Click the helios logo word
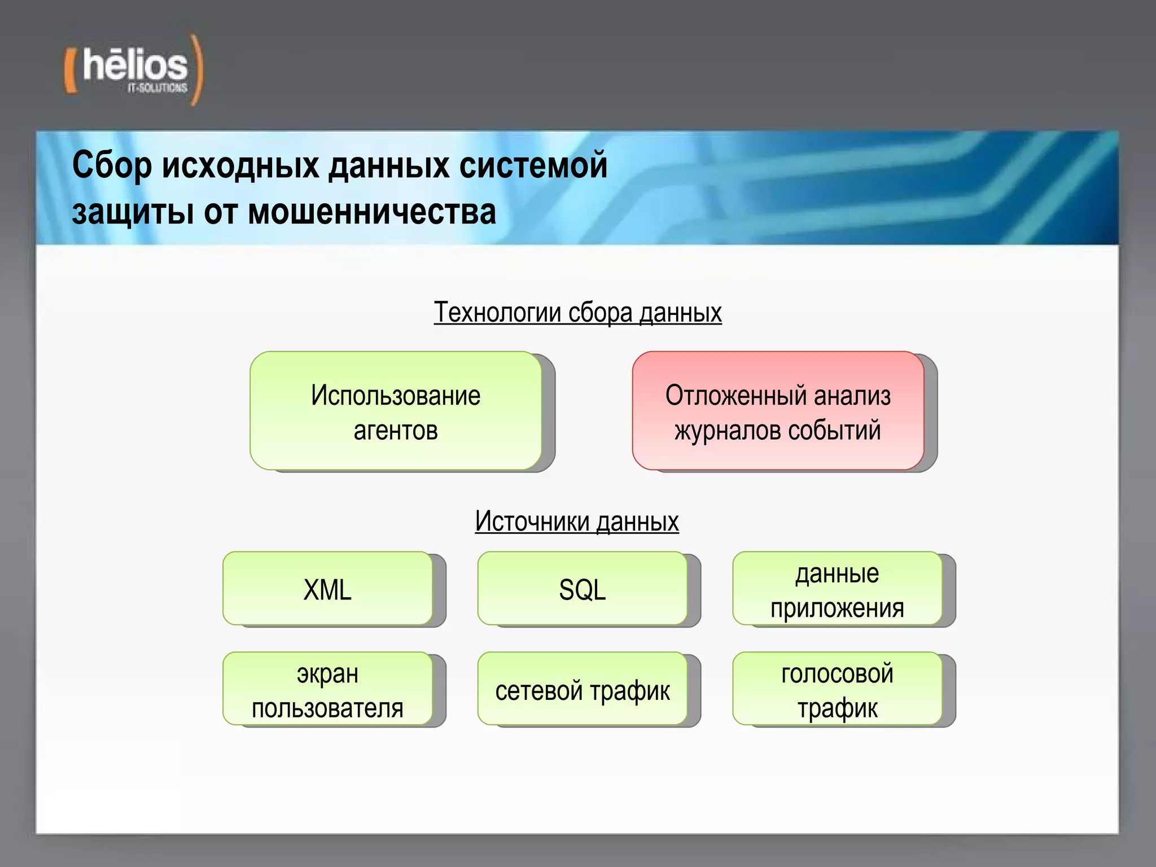(x=135, y=65)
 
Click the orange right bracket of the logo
(x=196, y=70)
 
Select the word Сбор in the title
(x=112, y=166)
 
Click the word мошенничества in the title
(x=372, y=212)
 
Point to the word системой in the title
(x=533, y=166)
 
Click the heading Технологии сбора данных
(x=577, y=313)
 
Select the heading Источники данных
(x=576, y=522)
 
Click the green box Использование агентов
(x=396, y=411)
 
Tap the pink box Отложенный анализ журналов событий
(x=778, y=411)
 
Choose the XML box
(x=327, y=588)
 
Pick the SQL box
(x=582, y=588)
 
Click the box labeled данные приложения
(x=837, y=588)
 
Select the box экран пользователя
(x=327, y=689)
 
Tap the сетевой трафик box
(x=582, y=689)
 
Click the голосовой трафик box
(x=837, y=689)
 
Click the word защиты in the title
(x=133, y=212)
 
